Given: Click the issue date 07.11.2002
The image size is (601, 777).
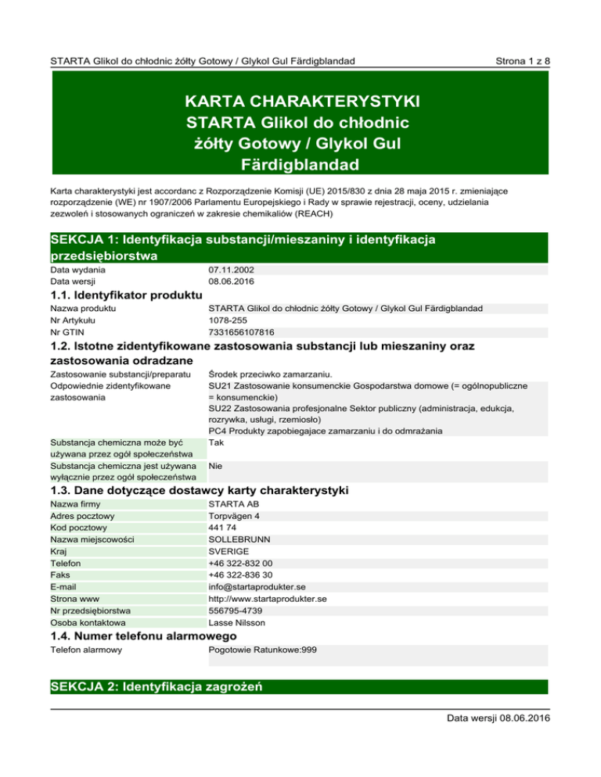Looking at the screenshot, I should [x=230, y=270].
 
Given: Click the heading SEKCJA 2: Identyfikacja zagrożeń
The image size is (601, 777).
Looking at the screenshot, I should [x=155, y=687].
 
